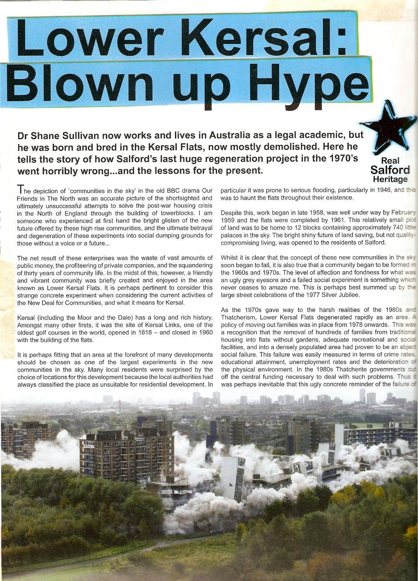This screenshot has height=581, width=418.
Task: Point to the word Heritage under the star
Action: tap(390, 179)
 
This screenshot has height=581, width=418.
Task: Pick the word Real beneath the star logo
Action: tap(390, 161)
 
